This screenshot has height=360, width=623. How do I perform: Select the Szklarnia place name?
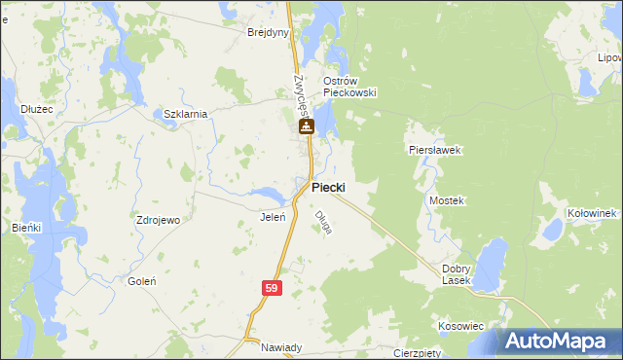[x=185, y=114]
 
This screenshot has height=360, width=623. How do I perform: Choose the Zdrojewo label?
[x=159, y=220]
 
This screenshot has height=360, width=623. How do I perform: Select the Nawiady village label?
[x=281, y=347]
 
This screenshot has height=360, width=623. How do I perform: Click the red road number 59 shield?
[x=273, y=289]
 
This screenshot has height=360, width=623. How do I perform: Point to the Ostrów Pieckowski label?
[x=349, y=87]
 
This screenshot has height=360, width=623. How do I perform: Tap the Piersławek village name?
[x=433, y=151]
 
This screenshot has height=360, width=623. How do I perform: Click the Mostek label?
[x=448, y=200]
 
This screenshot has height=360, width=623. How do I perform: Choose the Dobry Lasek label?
[x=456, y=274]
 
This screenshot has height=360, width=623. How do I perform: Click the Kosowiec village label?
[x=460, y=326]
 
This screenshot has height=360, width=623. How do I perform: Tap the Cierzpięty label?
[x=419, y=352]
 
